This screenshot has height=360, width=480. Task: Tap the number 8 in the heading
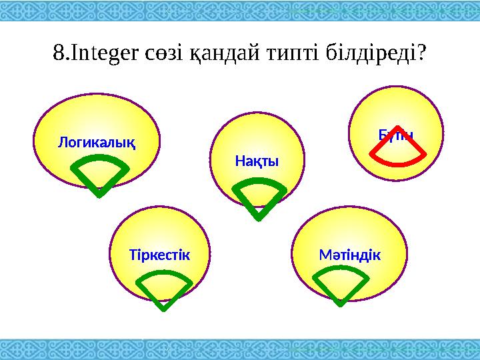tap(58, 52)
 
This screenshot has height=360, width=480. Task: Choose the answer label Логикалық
tap(96, 142)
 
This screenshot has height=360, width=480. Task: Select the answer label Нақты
tap(257, 162)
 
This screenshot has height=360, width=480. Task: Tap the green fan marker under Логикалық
tap(98, 175)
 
